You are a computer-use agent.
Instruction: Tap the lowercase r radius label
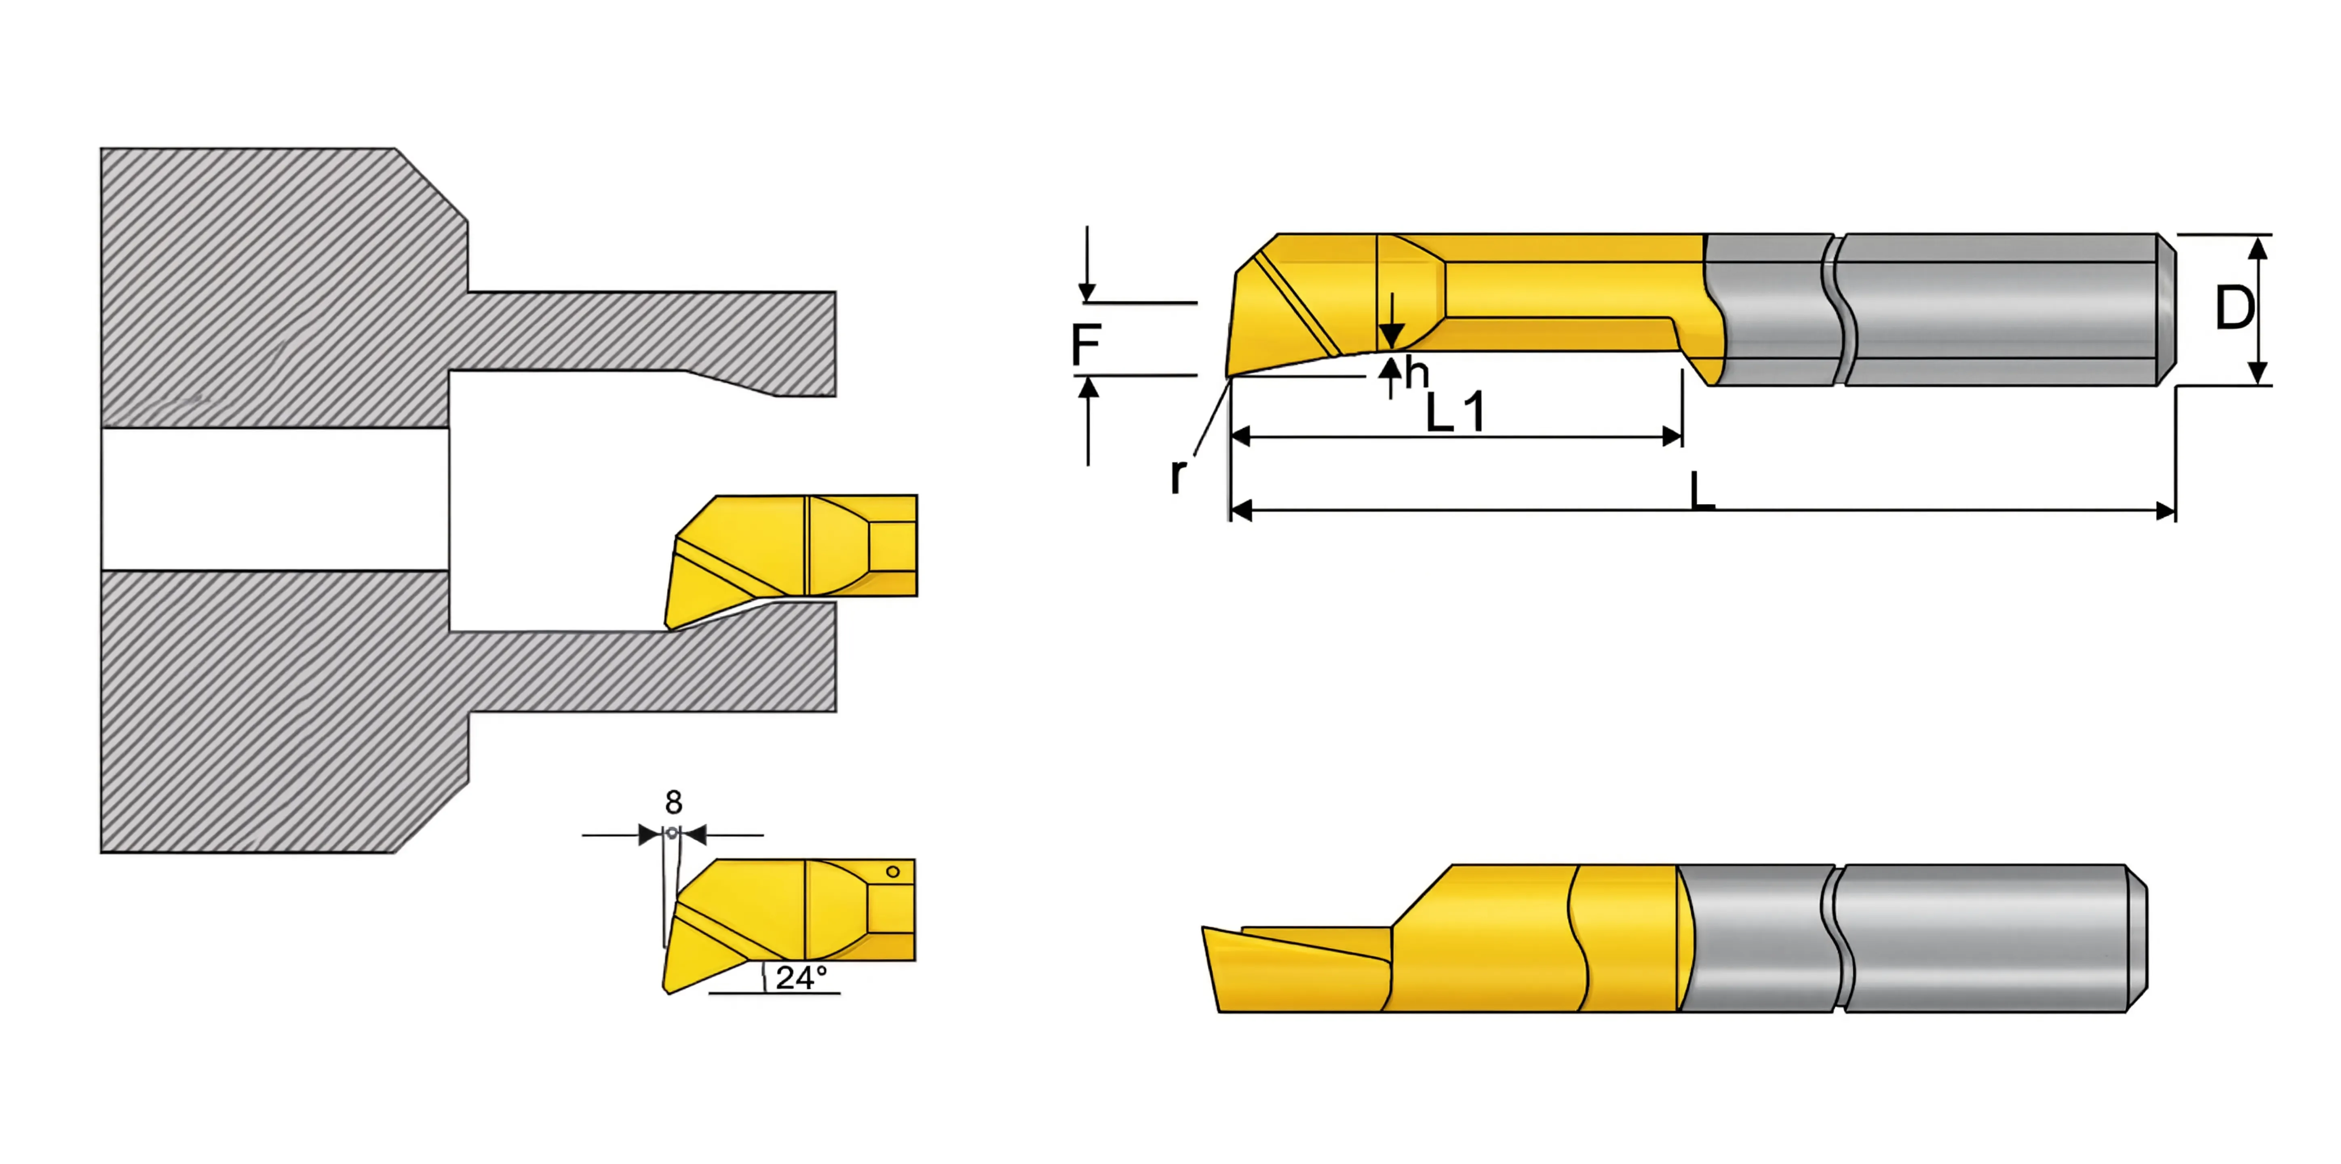1178,474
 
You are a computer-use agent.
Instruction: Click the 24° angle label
801,978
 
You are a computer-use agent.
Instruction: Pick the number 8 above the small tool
673,802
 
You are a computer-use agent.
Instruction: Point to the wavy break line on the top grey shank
1839,309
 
